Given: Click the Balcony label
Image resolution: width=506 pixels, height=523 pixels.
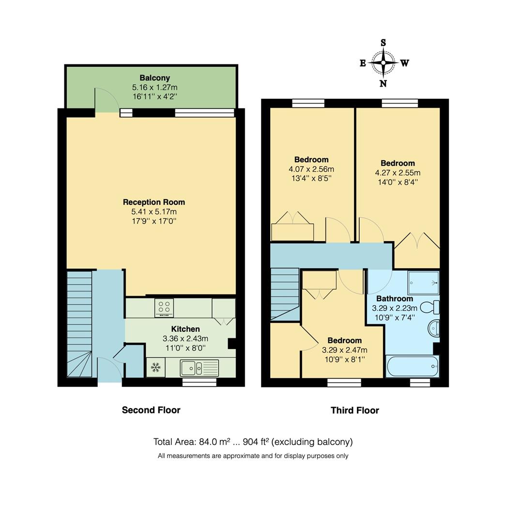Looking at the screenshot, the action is (x=155, y=77).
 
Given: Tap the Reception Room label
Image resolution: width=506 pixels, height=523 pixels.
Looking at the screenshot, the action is (x=154, y=202).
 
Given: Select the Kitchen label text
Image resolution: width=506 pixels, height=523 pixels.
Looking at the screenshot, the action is (x=185, y=329).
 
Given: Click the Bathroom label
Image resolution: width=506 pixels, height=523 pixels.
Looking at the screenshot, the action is (x=395, y=298).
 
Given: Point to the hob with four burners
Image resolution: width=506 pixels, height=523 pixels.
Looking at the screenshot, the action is (x=164, y=308).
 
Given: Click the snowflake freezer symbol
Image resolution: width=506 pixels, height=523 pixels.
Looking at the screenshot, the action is (x=155, y=368).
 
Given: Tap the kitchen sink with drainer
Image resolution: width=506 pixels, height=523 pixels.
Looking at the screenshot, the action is (x=199, y=368).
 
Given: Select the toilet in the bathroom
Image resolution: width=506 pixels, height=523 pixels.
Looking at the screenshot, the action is (x=429, y=307).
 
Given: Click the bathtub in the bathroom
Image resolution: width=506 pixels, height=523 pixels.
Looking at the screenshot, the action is (x=412, y=366).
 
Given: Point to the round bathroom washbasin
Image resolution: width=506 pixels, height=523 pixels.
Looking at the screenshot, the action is (x=433, y=329).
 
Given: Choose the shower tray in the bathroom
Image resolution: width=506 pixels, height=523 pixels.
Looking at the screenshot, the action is (x=423, y=282).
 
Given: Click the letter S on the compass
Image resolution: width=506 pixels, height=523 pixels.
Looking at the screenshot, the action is (x=383, y=43).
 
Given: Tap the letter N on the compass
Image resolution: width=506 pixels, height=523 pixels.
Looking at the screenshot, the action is (x=383, y=83).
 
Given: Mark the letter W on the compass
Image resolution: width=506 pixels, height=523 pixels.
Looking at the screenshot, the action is (x=404, y=63).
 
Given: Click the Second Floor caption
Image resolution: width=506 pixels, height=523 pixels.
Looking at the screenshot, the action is (x=151, y=410).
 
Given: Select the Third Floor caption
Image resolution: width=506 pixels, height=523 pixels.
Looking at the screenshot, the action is (x=355, y=410).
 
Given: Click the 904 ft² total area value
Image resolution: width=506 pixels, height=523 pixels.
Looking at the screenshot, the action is (x=256, y=442).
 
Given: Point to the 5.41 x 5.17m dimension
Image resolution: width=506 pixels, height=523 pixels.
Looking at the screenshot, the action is (x=154, y=212).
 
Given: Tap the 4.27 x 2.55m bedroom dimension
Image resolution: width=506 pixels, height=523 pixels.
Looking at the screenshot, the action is (x=398, y=173).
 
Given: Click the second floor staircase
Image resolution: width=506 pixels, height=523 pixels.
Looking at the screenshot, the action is (x=79, y=324).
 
